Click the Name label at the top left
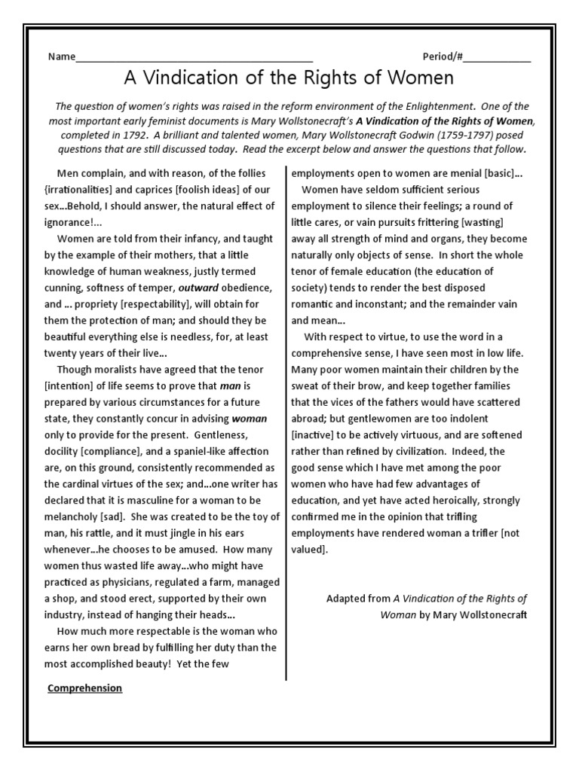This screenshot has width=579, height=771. (62, 57)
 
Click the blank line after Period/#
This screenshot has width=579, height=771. (501, 59)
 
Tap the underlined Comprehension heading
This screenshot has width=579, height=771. (84, 688)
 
